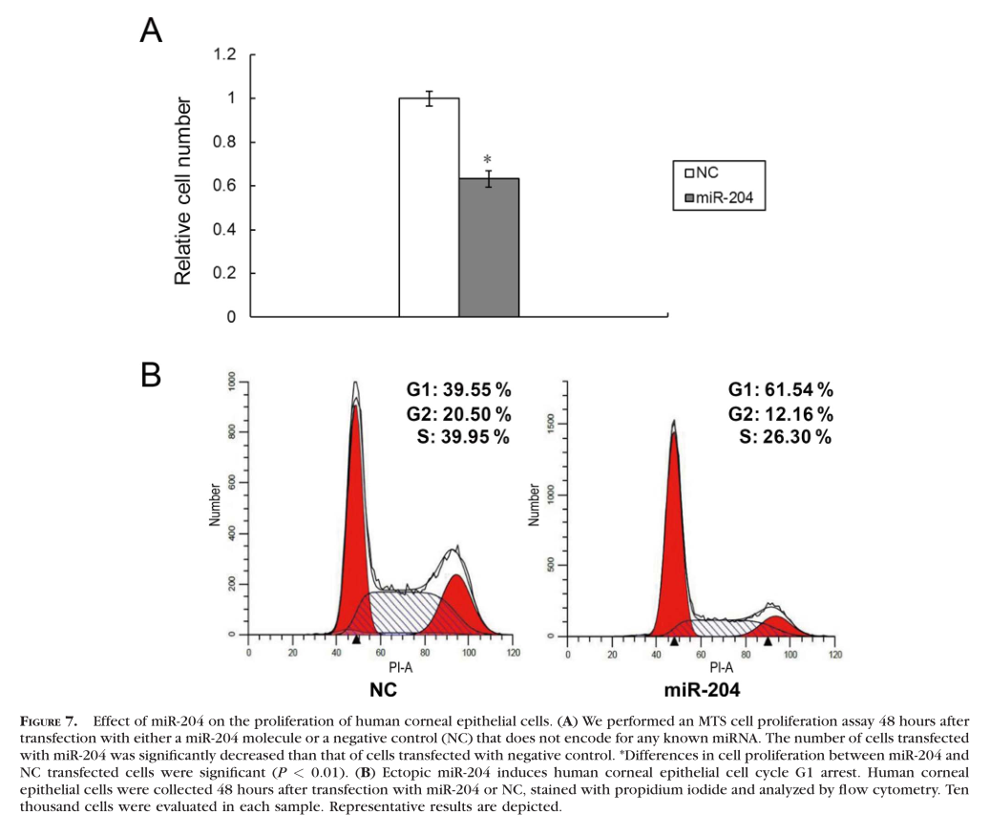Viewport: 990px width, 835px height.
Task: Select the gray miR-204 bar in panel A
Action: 489,247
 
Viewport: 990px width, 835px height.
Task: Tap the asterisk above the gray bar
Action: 487,160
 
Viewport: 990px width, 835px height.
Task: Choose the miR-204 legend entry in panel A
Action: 726,198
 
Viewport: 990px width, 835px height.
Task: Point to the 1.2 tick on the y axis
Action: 223,54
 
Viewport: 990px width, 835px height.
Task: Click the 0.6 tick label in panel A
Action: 223,186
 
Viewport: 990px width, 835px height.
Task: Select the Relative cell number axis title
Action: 183,191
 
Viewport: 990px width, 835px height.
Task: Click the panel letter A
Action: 151,31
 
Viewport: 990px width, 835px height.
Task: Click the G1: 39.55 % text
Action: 458,389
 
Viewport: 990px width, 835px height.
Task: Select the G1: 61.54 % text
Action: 781,389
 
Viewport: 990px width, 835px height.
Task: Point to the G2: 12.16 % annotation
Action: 781,413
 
